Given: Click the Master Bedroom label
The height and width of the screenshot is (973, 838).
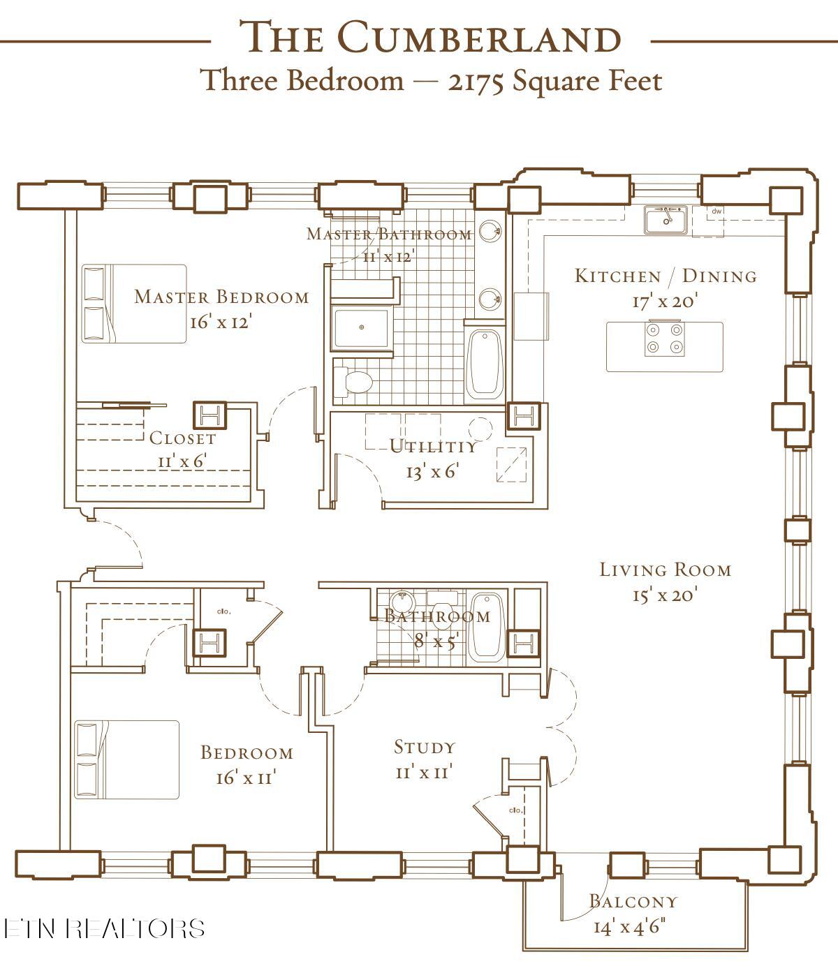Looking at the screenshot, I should coord(221,297).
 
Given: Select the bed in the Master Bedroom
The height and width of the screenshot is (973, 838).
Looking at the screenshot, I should coord(134,304).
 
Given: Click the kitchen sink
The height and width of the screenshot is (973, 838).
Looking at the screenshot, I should coord(666,220).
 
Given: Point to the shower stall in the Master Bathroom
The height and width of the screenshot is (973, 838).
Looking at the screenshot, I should coord(361,327).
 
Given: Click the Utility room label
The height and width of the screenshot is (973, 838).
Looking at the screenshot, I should coord(433,447).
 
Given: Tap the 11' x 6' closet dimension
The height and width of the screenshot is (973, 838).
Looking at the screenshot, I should coord(182,461).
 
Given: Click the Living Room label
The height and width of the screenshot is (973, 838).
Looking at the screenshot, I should coord(666,570).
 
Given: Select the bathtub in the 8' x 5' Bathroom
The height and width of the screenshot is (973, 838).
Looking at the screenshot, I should coord(485,626).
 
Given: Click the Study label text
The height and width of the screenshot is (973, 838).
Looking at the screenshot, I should coord(425,747).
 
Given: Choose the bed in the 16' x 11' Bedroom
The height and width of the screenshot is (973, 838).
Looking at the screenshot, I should coord(127,759).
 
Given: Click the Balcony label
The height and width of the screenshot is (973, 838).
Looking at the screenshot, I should coord(633,901).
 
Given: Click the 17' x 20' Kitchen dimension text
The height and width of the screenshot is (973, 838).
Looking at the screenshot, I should coord(665,302).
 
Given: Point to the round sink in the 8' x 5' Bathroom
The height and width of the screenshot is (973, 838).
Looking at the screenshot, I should coord(401,601).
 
